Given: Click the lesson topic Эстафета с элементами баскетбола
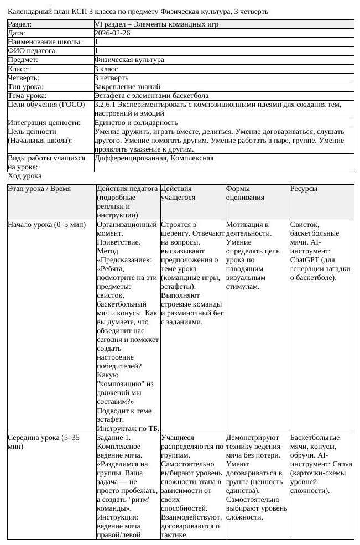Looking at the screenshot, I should [x=151, y=96].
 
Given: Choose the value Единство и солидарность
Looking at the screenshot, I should [x=136, y=122].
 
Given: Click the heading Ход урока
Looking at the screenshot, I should [x=24, y=176].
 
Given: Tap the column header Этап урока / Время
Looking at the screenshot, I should [x=39, y=189].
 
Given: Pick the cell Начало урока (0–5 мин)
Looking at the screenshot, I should [x=47, y=225].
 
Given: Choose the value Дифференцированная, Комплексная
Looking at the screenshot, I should [x=154, y=158].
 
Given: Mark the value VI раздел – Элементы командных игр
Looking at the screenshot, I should [x=156, y=24].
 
